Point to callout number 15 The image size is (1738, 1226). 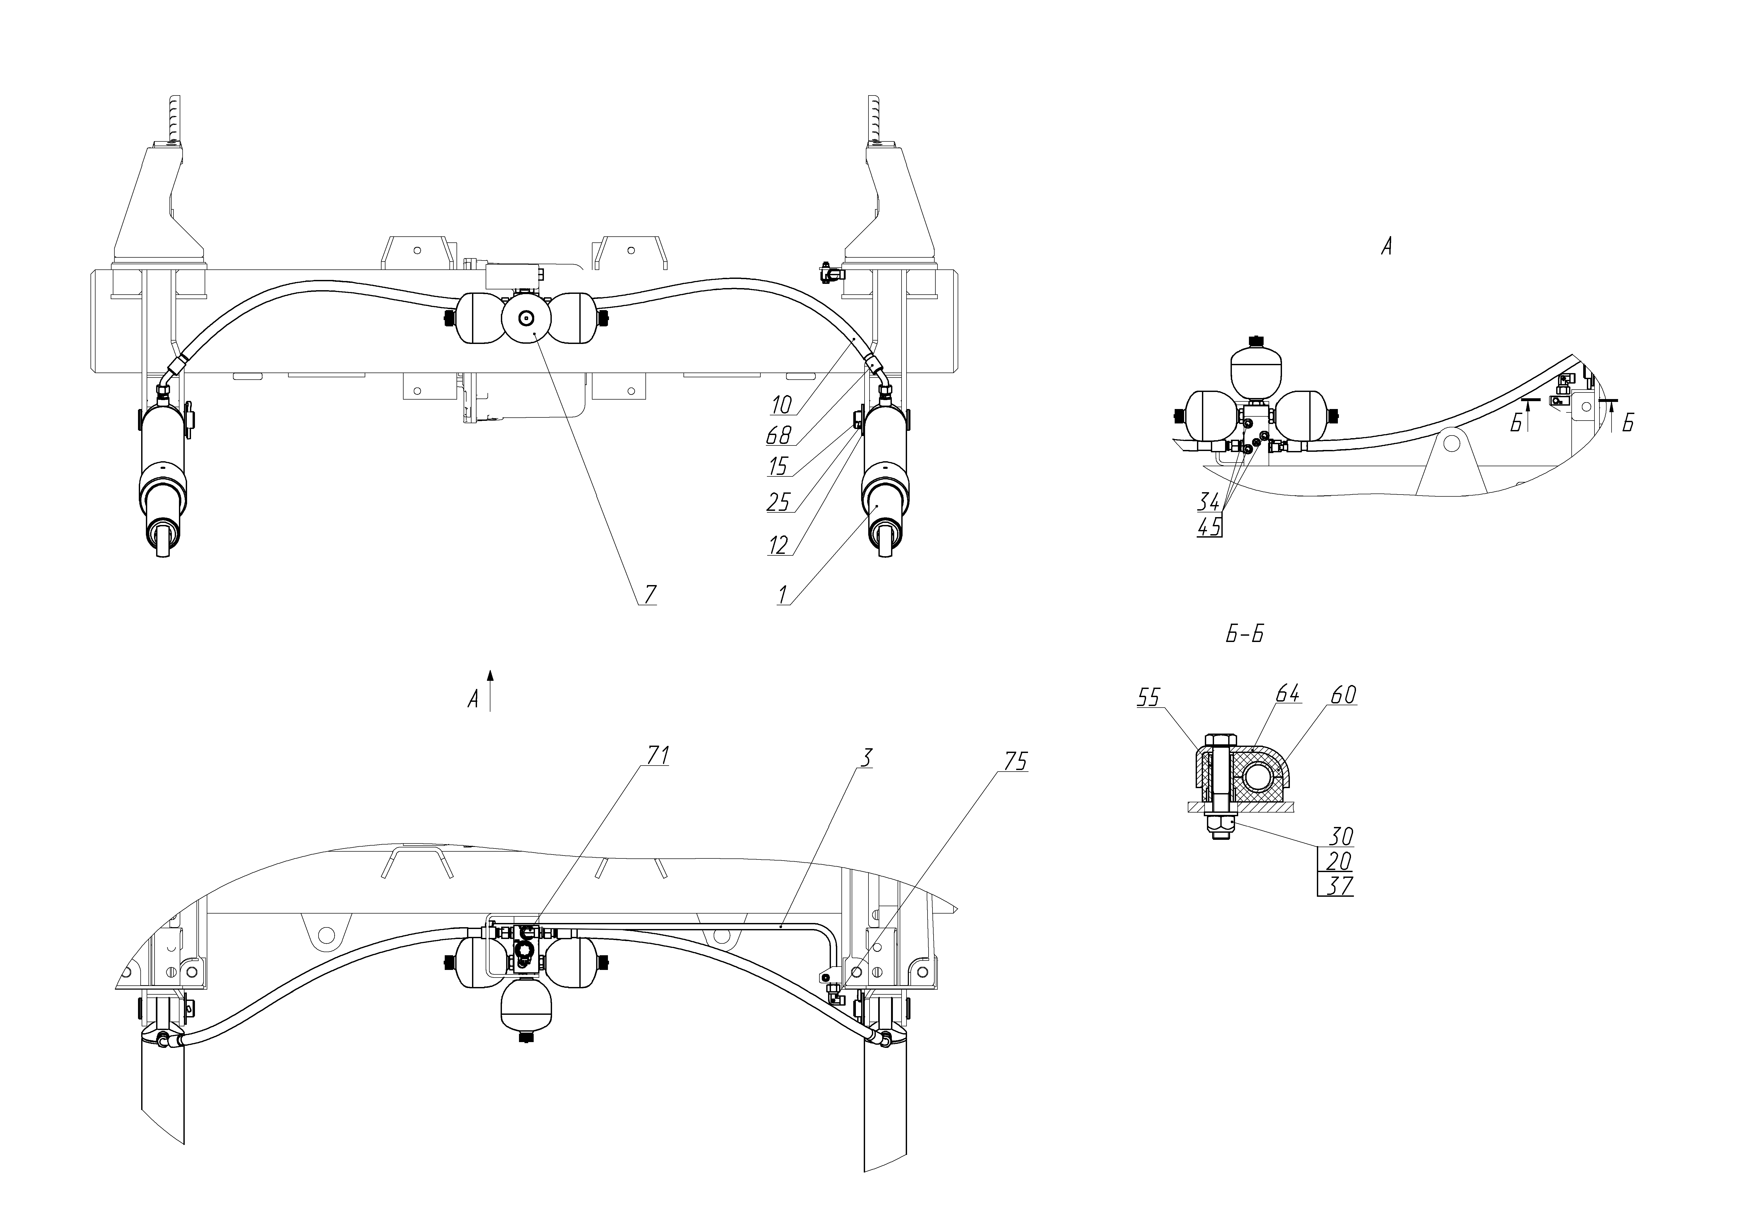click(778, 466)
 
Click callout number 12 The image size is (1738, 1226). click(778, 545)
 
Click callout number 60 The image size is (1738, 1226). click(1343, 694)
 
